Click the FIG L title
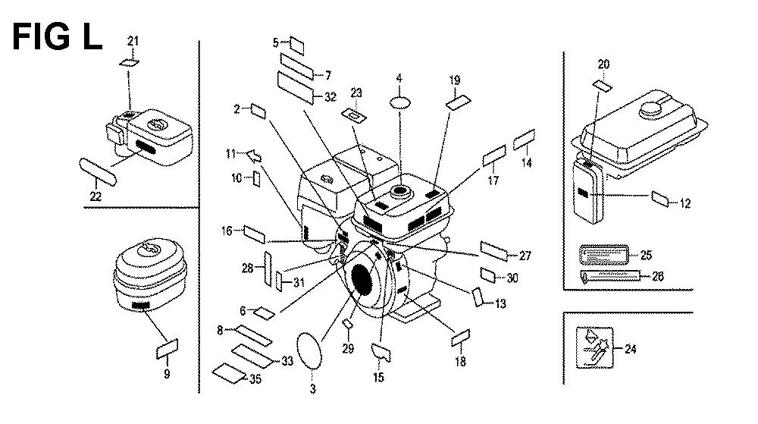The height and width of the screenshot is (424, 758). pyautogui.click(x=58, y=36)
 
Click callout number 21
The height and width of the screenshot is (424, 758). pyautogui.click(x=133, y=41)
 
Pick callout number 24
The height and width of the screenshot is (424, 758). pyautogui.click(x=631, y=349)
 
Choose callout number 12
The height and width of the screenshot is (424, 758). pyautogui.click(x=685, y=203)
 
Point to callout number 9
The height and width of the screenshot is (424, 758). pyautogui.click(x=167, y=373)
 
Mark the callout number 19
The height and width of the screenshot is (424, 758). pyautogui.click(x=454, y=80)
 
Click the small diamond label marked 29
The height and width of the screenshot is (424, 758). pyautogui.click(x=348, y=324)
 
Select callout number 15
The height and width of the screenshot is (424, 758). pyautogui.click(x=379, y=377)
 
